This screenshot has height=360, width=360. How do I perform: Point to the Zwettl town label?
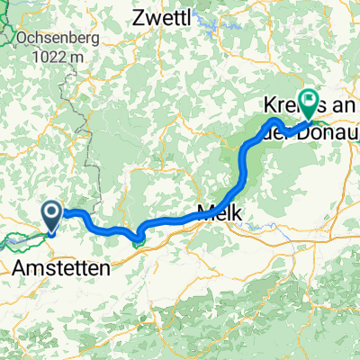point(166,17)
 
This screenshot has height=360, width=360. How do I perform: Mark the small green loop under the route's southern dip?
point(137,239)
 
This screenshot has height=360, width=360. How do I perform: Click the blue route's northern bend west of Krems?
point(275,120)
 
